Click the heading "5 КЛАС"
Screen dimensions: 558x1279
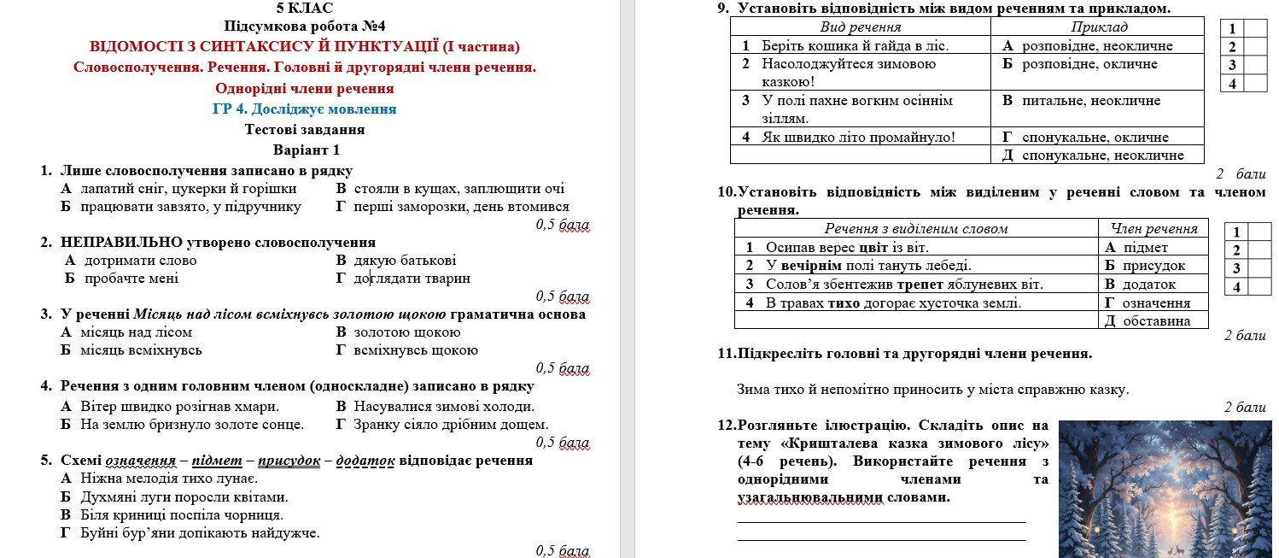(305, 9)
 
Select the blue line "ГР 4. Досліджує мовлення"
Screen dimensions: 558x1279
(305, 109)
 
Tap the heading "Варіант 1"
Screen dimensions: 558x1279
(305, 150)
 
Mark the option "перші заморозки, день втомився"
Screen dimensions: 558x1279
(461, 207)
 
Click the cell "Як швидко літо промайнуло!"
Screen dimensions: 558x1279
(860, 138)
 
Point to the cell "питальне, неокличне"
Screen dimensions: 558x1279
(1091, 101)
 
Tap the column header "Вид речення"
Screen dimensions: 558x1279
(860, 27)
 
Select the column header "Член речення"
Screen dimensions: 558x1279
(1153, 228)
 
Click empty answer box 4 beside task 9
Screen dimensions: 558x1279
(1254, 84)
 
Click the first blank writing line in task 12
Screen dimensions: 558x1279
(880, 521)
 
